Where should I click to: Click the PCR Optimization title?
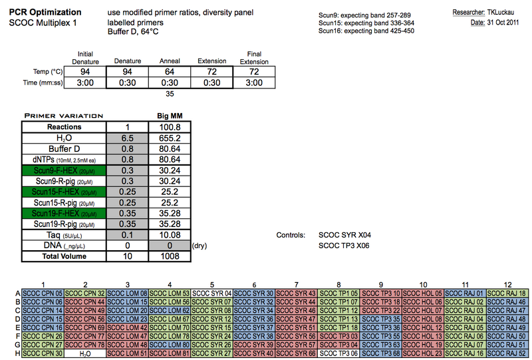45,12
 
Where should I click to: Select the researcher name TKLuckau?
501,13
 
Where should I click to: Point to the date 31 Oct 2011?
503,23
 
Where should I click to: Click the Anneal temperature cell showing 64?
170,72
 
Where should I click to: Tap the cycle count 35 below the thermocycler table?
170,94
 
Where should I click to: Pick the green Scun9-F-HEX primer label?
64,170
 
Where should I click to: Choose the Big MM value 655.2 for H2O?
170,138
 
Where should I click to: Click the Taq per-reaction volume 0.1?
127,235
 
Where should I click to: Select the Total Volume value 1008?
170,256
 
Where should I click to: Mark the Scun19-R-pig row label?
64,224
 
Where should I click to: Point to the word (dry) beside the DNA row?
199,246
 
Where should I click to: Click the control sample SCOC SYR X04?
344,235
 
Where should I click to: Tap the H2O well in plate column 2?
85,353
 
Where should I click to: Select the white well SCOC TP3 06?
338,353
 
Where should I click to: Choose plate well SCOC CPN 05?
43,293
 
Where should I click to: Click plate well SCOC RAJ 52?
507,353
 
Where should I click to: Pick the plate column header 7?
296,285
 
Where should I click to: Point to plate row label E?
18,328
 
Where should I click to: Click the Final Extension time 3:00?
254,83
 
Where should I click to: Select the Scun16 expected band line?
366,31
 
